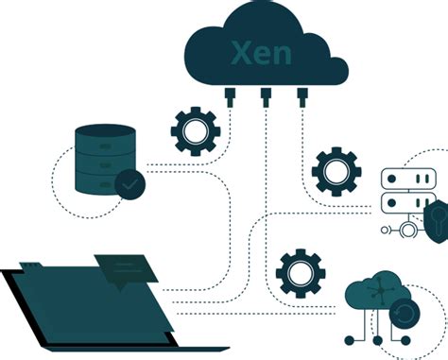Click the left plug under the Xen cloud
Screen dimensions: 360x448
[231, 95]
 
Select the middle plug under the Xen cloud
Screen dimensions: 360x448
[266, 95]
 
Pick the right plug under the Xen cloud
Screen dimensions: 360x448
[302, 95]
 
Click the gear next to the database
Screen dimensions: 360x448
[194, 132]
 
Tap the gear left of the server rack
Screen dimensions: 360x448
[336, 171]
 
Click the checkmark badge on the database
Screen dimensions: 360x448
[129, 184]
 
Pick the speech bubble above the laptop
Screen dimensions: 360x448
[124, 268]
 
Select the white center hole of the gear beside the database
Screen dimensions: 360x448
[194, 132]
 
